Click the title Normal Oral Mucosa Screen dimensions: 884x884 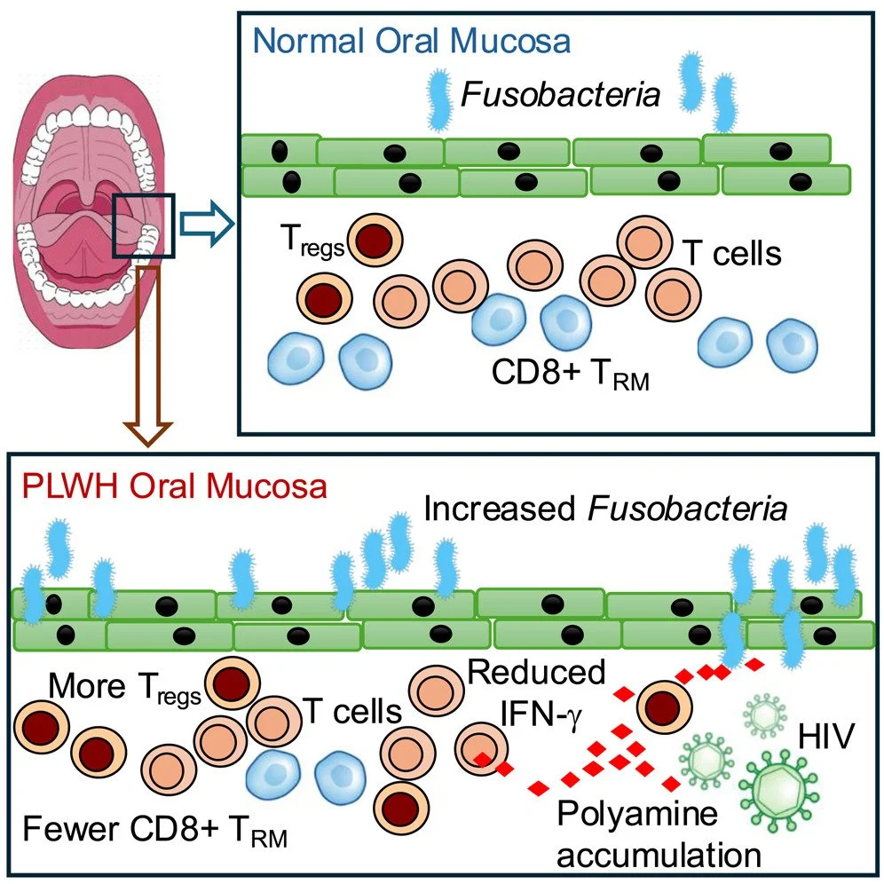pyautogui.click(x=412, y=42)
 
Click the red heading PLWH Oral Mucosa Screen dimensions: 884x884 pyautogui.click(x=174, y=486)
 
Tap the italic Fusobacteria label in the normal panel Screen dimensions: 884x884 pyautogui.click(x=560, y=95)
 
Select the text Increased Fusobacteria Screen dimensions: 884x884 pyautogui.click(x=605, y=509)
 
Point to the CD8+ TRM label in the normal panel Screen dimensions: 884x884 pyautogui.click(x=571, y=375)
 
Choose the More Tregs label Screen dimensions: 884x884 pyautogui.click(x=124, y=689)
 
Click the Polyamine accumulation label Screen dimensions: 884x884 pyautogui.click(x=659, y=834)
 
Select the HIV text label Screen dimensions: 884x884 pyautogui.click(x=826, y=737)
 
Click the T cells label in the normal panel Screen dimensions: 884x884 pyautogui.click(x=731, y=253)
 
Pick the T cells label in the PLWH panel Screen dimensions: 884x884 pyautogui.click(x=352, y=711)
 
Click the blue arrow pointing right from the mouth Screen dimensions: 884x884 pyautogui.click(x=207, y=224)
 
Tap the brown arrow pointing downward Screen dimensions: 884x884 pyautogui.click(x=147, y=356)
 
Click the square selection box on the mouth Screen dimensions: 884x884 pyautogui.click(x=144, y=226)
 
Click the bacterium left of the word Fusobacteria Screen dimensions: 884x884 pyautogui.click(x=438, y=99)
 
